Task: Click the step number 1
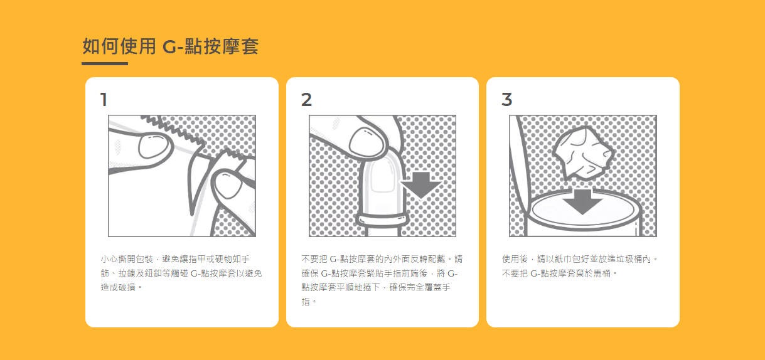[x=104, y=100]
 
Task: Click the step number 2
[x=306, y=100]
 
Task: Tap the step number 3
[x=507, y=100]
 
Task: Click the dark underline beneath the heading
[x=105, y=63]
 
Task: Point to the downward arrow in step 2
[x=421, y=185]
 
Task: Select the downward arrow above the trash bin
[x=582, y=202]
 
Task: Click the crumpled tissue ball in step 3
[x=582, y=153]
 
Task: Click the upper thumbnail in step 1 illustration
[x=153, y=146]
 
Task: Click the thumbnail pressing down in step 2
[x=366, y=142]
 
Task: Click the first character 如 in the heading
[x=91, y=46]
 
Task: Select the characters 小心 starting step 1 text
[x=109, y=259]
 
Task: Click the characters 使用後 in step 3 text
[x=515, y=259]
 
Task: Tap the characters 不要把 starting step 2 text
[x=314, y=259]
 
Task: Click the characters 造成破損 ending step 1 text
[x=118, y=287]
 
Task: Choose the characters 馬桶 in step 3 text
[x=602, y=273]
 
